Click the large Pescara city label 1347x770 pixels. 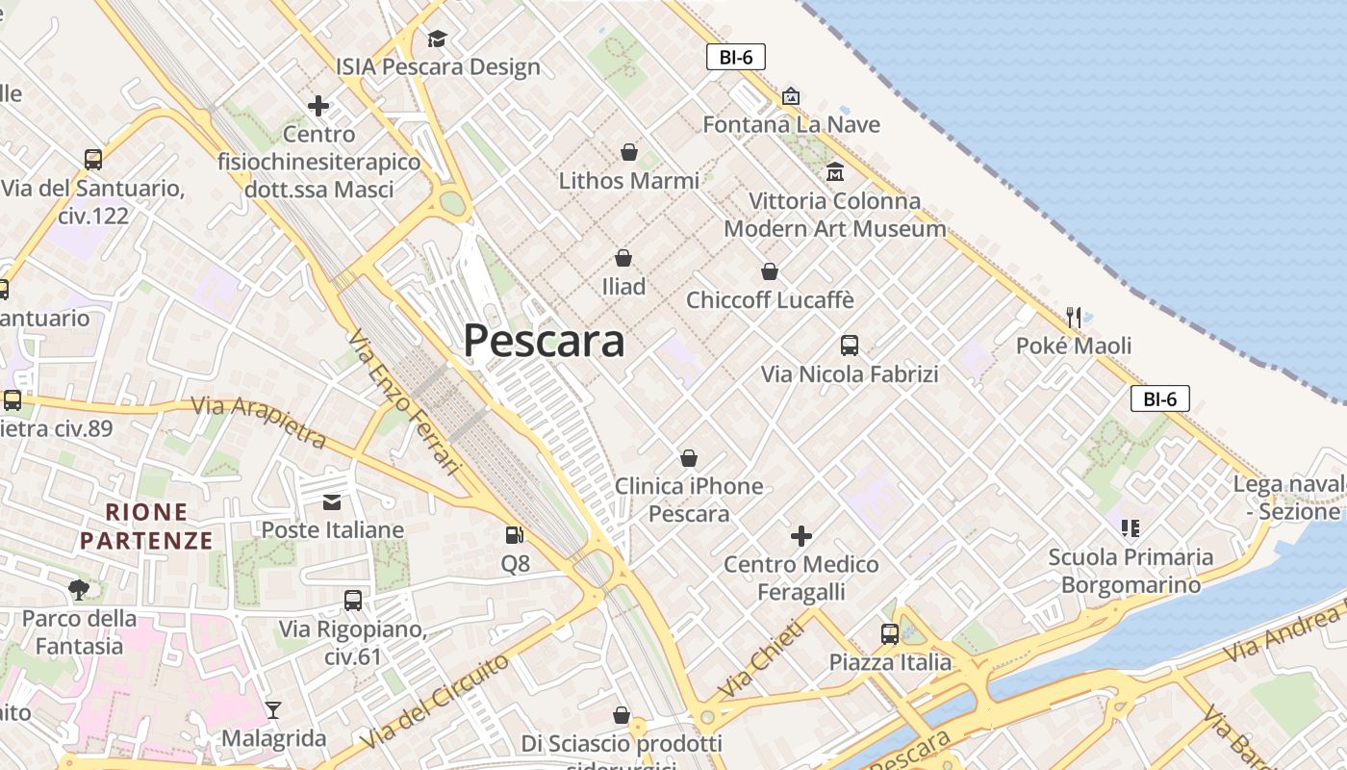(544, 341)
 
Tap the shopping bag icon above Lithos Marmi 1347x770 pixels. (629, 152)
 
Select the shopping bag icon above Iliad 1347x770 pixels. (623, 258)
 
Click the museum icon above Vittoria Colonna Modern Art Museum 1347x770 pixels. (834, 172)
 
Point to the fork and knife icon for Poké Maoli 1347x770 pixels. (1074, 317)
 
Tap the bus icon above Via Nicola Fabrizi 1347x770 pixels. (849, 346)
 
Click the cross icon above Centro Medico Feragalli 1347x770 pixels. (801, 535)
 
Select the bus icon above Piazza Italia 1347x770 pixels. (890, 634)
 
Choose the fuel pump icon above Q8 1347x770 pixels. (516, 534)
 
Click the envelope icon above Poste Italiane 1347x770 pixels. (332, 501)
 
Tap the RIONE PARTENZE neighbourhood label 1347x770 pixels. (146, 526)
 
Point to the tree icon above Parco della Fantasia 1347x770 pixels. (79, 589)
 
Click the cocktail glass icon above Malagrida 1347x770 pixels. (273, 710)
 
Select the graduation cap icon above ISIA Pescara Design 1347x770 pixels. (438, 38)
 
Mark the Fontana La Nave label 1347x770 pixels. (791, 124)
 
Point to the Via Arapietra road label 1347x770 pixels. (259, 421)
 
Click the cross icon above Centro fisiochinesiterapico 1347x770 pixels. (318, 105)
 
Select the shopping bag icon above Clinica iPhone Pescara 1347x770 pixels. (688, 458)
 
